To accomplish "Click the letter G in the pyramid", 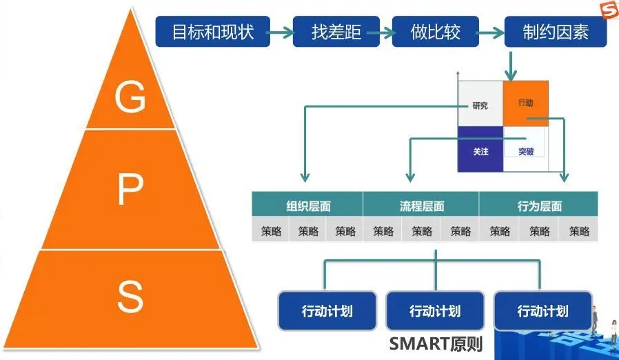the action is coord(130,97).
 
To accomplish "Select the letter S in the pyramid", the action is coord(130,297).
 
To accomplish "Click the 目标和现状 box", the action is coord(213,32).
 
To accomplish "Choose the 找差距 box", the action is coord(336,32).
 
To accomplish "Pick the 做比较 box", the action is coord(435,32).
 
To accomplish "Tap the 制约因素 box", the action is coord(556,32).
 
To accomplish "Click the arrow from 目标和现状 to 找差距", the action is coord(281,32).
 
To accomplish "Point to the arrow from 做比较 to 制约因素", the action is coord(491,32).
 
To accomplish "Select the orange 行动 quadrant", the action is coord(526,103).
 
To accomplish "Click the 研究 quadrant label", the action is coord(480,106).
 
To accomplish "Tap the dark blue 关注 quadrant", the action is coord(480,150).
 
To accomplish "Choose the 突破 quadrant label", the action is coord(526,151).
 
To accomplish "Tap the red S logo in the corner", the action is coord(608,10).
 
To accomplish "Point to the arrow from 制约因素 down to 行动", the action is coord(511,66).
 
